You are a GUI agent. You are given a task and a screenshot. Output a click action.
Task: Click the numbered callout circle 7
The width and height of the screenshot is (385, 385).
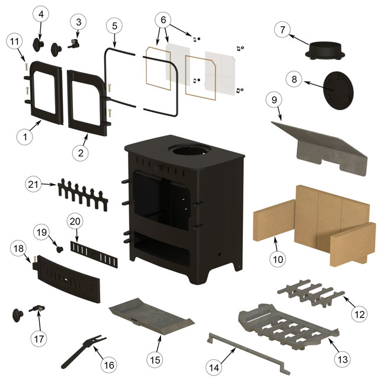(x=283, y=30)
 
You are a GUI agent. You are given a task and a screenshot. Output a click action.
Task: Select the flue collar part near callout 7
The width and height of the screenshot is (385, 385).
(x=325, y=50)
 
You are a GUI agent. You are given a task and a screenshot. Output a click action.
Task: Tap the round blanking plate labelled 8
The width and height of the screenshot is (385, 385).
(x=339, y=90)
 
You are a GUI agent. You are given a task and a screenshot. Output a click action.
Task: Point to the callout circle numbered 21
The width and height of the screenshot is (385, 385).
(x=33, y=184)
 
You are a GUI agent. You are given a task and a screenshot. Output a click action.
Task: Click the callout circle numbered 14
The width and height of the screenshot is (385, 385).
(x=214, y=368)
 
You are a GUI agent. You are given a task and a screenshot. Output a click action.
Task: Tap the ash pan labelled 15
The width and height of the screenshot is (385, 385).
(x=151, y=316)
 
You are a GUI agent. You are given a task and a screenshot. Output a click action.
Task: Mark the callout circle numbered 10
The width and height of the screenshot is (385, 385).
(x=278, y=259)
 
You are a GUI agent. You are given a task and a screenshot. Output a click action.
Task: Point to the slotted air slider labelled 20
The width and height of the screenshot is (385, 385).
(x=94, y=254)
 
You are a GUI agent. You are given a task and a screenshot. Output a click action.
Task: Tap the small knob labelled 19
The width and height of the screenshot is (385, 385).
(x=60, y=249)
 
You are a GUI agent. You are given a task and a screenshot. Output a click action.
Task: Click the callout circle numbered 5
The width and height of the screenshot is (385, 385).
(x=115, y=26)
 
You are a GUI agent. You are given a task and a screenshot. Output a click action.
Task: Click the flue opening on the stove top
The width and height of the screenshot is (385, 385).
(x=188, y=149)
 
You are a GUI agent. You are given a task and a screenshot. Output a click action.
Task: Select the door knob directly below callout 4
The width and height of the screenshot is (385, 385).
(x=38, y=45)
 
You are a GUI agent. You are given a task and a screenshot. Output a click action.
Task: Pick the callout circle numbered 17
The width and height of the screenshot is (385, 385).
(x=38, y=339)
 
